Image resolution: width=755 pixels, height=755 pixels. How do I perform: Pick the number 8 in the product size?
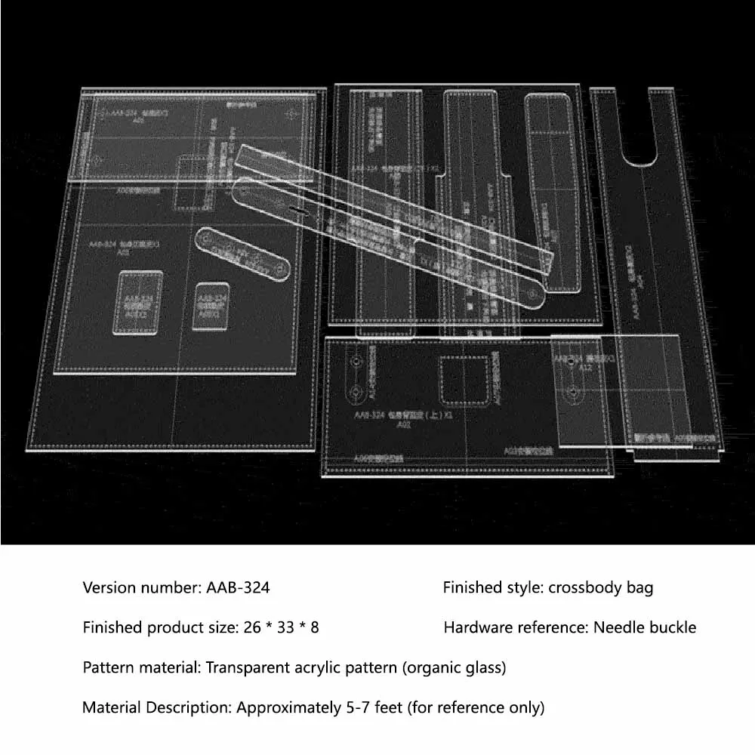pyautogui.click(x=314, y=627)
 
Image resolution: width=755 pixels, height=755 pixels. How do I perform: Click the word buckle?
pyautogui.click(x=672, y=627)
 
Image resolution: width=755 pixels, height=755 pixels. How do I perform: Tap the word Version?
pyautogui.click(x=109, y=587)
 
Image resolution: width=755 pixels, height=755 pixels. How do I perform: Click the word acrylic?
pyautogui.click(x=319, y=667)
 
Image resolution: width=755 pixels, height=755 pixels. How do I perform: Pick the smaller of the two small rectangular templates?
pyautogui.click(x=212, y=306)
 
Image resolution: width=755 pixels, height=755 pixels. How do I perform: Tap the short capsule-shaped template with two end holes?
pyautogui.click(x=243, y=254)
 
